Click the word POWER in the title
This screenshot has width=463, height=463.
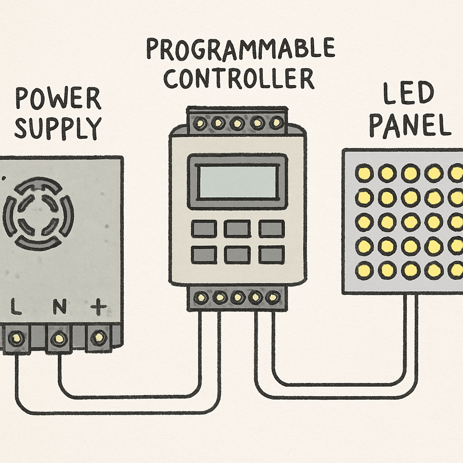pyautogui.click(x=58, y=98)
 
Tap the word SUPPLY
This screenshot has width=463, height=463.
pyautogui.click(x=58, y=128)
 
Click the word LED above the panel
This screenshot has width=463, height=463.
pyautogui.click(x=408, y=93)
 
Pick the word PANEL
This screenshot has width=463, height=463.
pyautogui.click(x=410, y=125)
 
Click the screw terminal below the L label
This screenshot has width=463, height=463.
pyautogui.click(x=16, y=337)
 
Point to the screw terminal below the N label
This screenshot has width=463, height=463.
pyautogui.click(x=59, y=337)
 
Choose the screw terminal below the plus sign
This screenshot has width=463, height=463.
pyautogui.click(x=99, y=337)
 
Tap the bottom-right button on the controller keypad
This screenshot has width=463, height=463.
pyautogui.click(x=272, y=255)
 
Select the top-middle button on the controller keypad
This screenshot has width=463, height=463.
pyautogui.click(x=237, y=228)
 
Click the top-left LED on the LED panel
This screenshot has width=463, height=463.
pyautogui.click(x=364, y=173)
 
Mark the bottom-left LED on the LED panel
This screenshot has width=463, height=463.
pyautogui.click(x=364, y=270)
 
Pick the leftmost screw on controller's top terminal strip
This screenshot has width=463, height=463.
pyautogui.click(x=200, y=122)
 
